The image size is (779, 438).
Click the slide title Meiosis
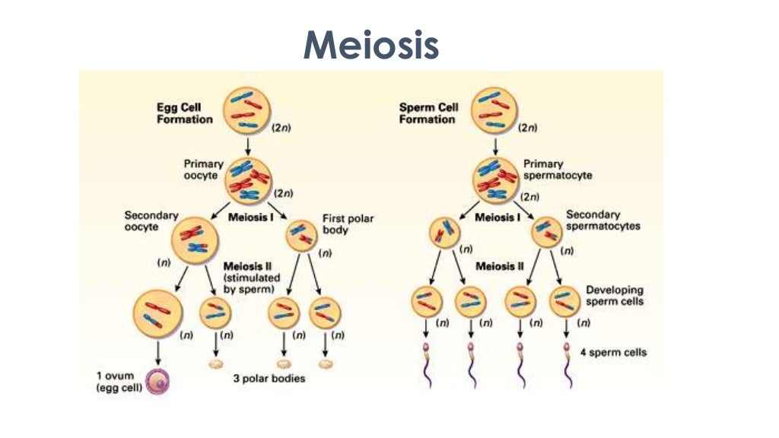370,45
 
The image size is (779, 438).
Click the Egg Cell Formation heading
180,113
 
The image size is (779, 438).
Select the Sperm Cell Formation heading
429,113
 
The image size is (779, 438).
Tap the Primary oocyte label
203,169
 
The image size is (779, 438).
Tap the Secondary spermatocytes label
603,221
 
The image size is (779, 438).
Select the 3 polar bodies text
269,378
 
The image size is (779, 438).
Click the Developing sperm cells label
615,296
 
